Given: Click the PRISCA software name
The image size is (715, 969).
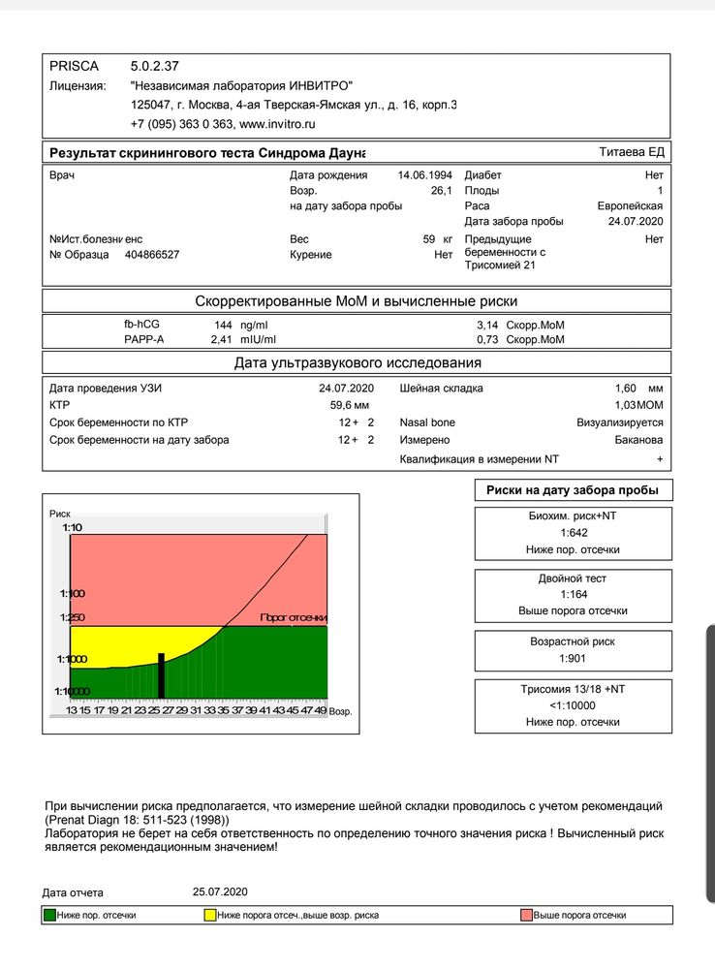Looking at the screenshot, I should pyautogui.click(x=71, y=66).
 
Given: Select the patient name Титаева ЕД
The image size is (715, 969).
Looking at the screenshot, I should pyautogui.click(x=631, y=152).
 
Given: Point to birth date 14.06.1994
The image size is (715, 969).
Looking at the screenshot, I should pyautogui.click(x=426, y=175).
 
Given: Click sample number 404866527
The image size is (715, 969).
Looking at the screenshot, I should pyautogui.click(x=152, y=255).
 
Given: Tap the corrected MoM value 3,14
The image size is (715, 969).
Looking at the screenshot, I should pyautogui.click(x=489, y=325).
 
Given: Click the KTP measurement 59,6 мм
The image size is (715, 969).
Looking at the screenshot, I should pyautogui.click(x=351, y=405).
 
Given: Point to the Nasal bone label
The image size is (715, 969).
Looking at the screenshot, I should pyautogui.click(x=427, y=422).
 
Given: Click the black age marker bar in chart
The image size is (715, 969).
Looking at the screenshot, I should pyautogui.click(x=161, y=674).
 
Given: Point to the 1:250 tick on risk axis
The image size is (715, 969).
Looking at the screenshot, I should pyautogui.click(x=72, y=617).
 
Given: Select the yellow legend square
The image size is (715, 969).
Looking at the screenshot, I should pyautogui.click(x=209, y=915).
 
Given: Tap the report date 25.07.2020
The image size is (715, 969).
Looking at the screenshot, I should pyautogui.click(x=221, y=891).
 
